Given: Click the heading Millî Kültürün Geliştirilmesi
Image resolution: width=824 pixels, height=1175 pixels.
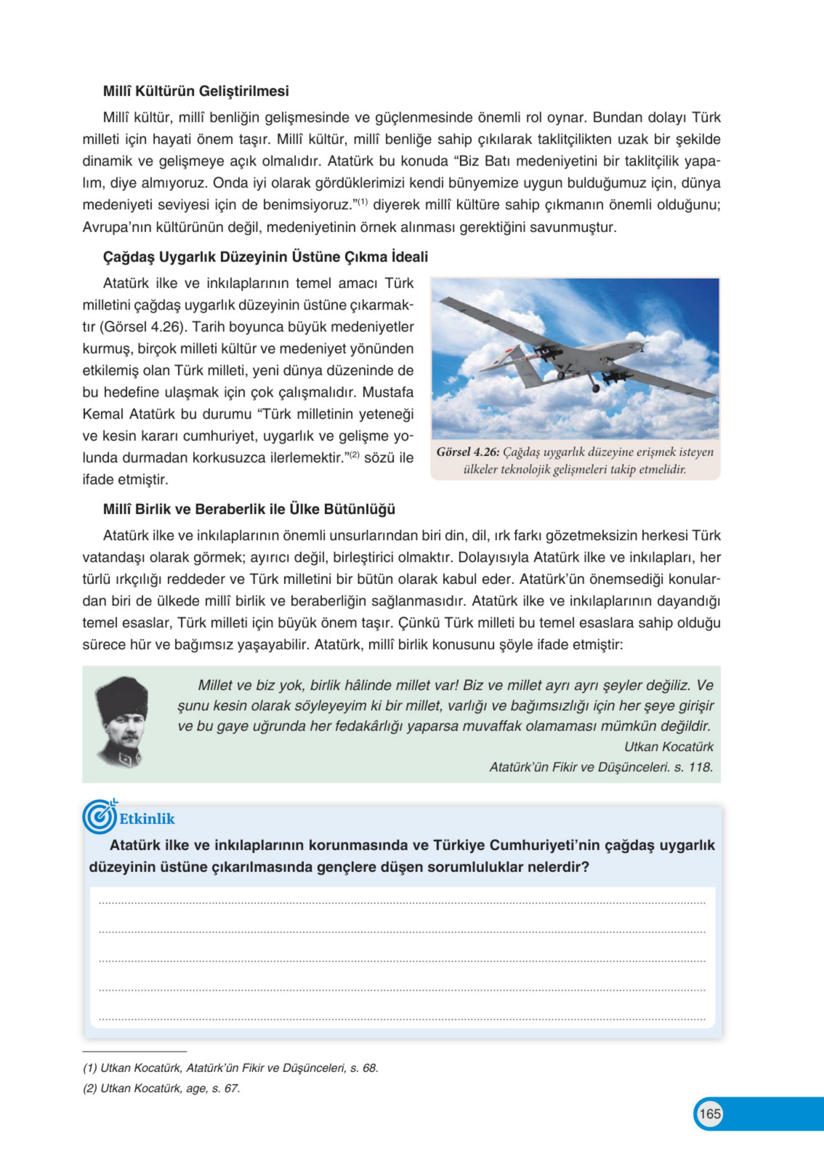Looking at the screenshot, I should point(196,91).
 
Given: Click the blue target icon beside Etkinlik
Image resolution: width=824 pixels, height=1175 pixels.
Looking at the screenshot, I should point(99,818).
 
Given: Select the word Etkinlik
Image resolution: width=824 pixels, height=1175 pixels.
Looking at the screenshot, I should point(147,819).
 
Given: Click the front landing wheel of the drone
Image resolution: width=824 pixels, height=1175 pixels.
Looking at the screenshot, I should point(595,389).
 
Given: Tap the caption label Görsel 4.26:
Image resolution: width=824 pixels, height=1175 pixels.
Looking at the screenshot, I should point(467,452).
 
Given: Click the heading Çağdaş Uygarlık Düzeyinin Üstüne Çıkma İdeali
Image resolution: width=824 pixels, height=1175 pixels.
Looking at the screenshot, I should point(265,257).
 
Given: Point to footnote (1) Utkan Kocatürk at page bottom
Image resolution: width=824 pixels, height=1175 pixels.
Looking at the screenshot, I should point(230,1068).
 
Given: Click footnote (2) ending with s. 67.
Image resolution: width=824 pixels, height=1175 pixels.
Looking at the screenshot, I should point(161,1089).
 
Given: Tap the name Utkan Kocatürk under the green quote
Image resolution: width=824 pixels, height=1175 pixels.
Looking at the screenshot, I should point(668,746).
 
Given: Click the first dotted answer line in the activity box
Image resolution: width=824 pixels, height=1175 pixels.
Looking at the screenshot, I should point(402,903).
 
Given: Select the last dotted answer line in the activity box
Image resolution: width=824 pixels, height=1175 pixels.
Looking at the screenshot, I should point(402,1019).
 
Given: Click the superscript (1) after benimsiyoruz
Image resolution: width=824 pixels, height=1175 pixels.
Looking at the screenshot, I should point(362,202).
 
